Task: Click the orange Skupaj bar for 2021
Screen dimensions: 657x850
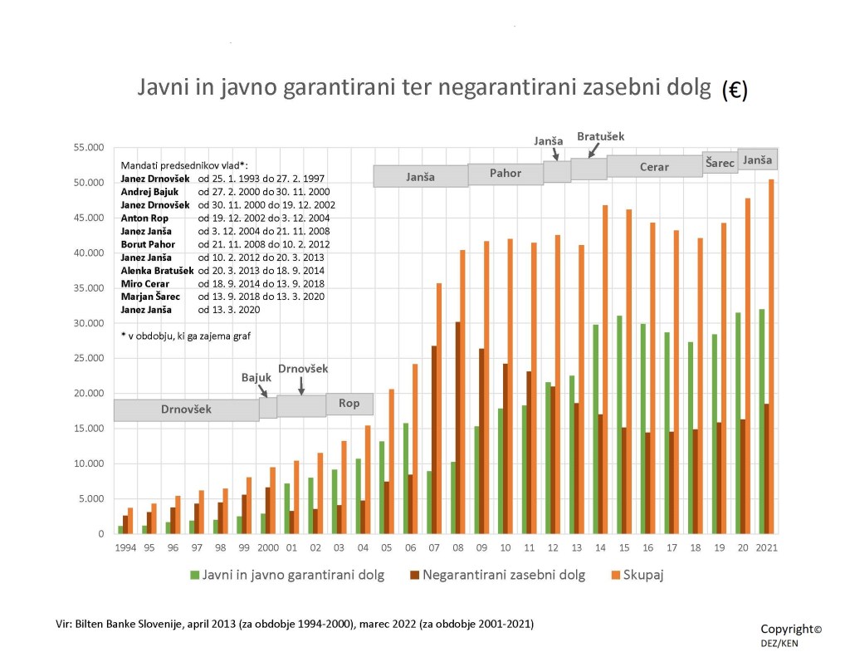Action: (x=771, y=356)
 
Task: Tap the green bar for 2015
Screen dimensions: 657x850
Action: (x=620, y=424)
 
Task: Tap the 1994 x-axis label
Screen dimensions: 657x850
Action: (x=125, y=548)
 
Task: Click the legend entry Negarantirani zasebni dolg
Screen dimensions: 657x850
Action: (x=495, y=575)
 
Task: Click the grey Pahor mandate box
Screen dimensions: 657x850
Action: (x=505, y=174)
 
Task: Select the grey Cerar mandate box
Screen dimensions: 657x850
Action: (x=654, y=166)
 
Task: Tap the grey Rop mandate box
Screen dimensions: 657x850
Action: (x=349, y=404)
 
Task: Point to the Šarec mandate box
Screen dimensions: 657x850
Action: (x=720, y=162)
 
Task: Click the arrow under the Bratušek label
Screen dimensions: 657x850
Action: (x=591, y=150)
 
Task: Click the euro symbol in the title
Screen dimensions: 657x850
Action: (x=734, y=91)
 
